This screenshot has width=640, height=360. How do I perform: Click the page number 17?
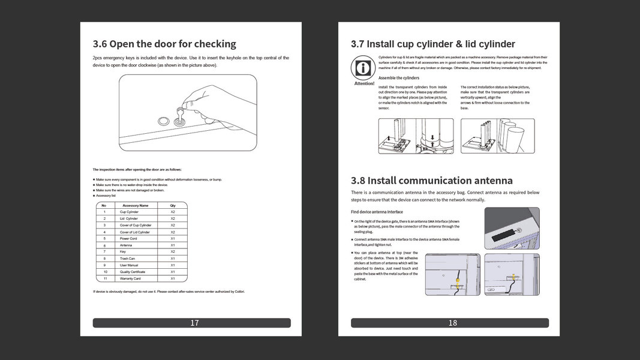(194, 323)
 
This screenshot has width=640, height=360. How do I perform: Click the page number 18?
(452, 323)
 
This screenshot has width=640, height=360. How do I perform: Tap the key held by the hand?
(179, 114)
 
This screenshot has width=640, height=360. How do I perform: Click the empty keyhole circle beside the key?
(163, 121)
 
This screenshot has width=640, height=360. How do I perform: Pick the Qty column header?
(173, 205)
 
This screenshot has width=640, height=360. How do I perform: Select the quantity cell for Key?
(173, 251)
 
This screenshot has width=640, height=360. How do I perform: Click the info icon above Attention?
(363, 68)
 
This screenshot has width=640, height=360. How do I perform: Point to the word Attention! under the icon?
(364, 83)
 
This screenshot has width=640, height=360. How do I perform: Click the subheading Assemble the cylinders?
(399, 78)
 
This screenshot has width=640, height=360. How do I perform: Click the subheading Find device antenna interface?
(377, 212)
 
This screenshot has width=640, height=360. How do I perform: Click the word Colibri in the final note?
(238, 292)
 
